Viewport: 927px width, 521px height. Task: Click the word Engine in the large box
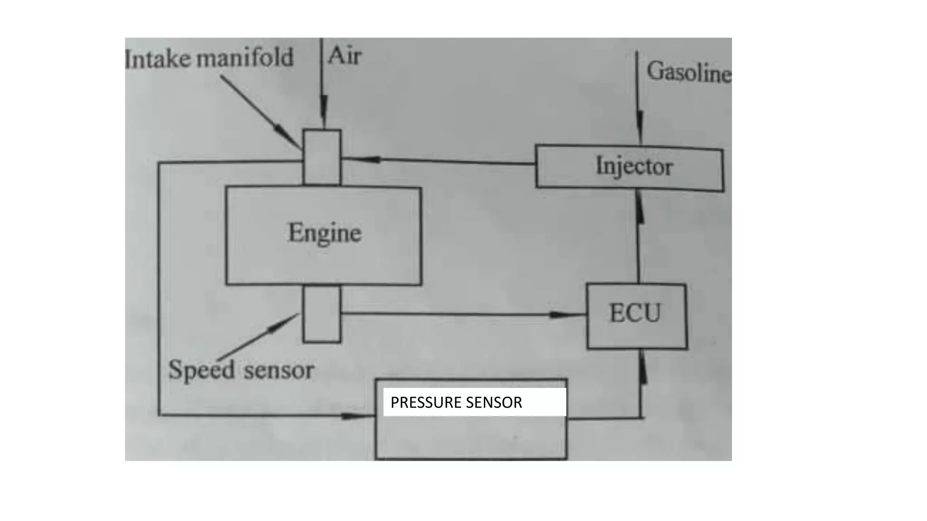[x=325, y=233]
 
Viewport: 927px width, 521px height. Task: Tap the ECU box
[x=636, y=316]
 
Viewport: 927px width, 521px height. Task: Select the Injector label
[x=634, y=166]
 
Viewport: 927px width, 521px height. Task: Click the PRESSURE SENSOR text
[x=456, y=403]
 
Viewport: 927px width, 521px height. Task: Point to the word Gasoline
[x=688, y=72]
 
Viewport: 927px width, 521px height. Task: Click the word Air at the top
[x=344, y=56]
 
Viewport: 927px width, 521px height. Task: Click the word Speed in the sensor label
[x=201, y=370]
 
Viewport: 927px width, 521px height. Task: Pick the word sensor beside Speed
[x=278, y=371]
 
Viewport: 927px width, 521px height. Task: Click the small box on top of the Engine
[x=322, y=157]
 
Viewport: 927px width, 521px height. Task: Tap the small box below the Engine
[x=322, y=314]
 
